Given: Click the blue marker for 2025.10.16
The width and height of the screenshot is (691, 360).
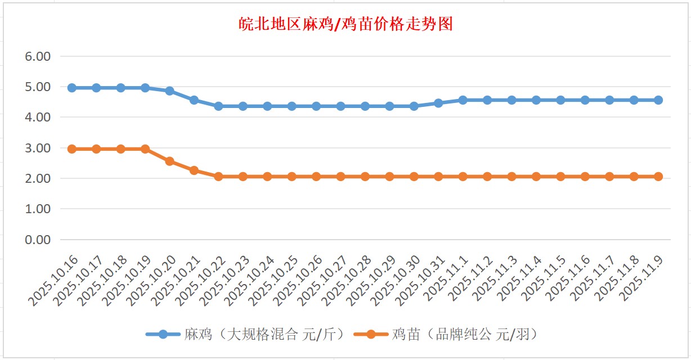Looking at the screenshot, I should pyautogui.click(x=72, y=88).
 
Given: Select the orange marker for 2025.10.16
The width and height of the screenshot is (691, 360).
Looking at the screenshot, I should pyautogui.click(x=72, y=149).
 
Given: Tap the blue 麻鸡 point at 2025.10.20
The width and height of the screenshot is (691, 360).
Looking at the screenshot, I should pyautogui.click(x=169, y=91).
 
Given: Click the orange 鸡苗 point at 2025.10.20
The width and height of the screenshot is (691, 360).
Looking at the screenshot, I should pyautogui.click(x=169, y=161).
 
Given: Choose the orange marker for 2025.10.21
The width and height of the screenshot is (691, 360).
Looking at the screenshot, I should pyautogui.click(x=194, y=170).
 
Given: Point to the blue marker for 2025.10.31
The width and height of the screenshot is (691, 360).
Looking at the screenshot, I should pyautogui.click(x=438, y=103).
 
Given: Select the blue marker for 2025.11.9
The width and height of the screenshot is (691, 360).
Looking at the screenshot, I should pyautogui.click(x=658, y=100).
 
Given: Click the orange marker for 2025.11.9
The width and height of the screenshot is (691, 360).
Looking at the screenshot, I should pyautogui.click(x=658, y=177).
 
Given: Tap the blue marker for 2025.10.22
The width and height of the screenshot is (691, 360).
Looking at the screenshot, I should pyautogui.click(x=218, y=106).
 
